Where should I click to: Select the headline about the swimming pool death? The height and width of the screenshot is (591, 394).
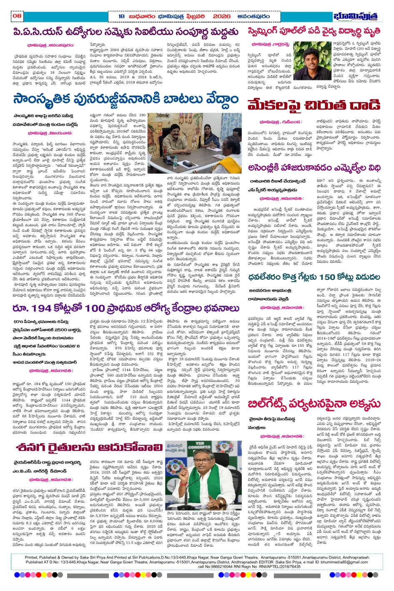[314, 31]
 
